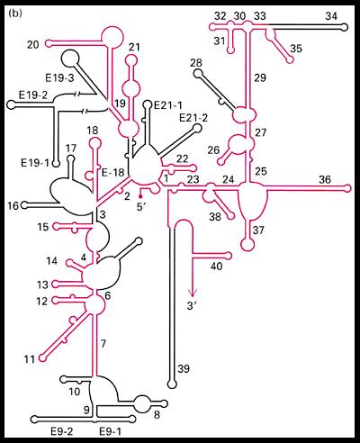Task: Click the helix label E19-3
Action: coord(59,78)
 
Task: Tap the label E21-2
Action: coord(193,118)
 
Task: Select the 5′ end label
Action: coord(141,207)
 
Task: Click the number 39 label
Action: coord(184,368)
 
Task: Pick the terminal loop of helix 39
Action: coord(172,384)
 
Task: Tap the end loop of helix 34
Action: coord(345,27)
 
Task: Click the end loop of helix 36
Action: coord(347,188)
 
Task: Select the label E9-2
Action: coord(62,431)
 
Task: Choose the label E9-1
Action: coord(110,431)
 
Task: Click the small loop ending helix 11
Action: coord(43,357)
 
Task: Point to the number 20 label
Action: coord(33,45)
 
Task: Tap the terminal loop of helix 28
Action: coord(197,73)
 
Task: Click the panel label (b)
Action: coord(15,14)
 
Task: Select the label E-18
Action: coord(113,173)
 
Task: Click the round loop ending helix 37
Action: coord(247,244)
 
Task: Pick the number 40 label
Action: coord(216,266)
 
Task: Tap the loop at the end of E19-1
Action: coord(56,164)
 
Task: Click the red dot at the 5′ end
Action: coord(140,196)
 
